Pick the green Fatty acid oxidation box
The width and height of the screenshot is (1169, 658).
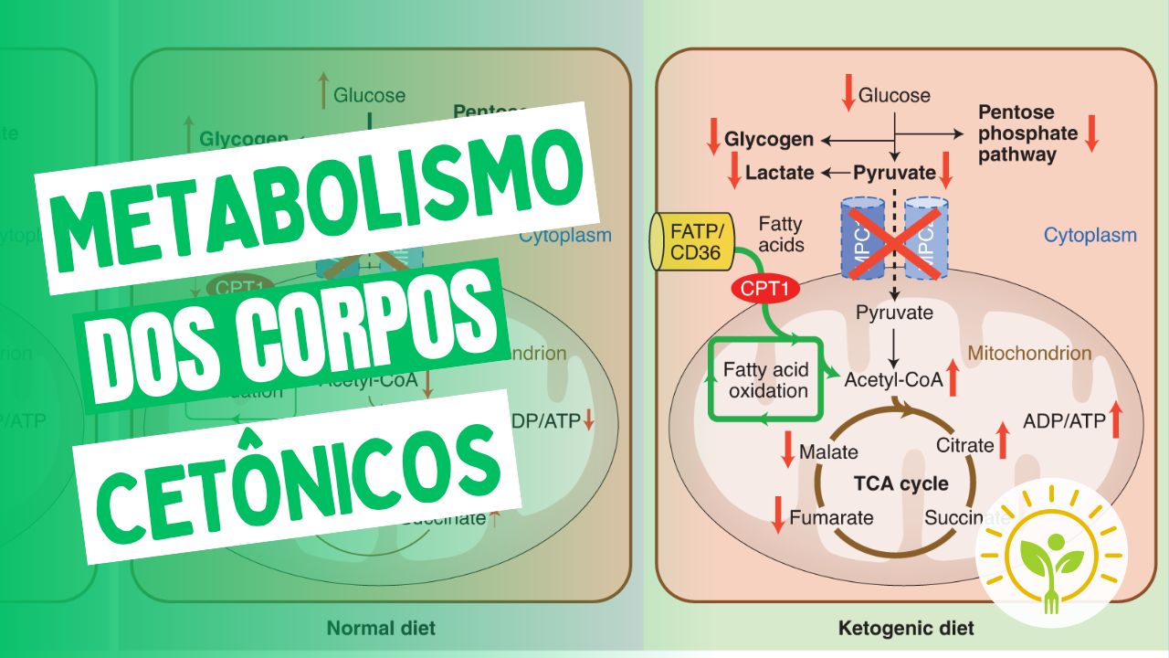pyautogui.click(x=765, y=379)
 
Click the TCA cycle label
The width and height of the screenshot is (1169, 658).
pyautogui.click(x=900, y=483)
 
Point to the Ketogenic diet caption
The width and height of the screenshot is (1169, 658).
pyautogui.click(x=905, y=629)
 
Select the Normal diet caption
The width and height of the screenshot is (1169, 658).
pyautogui.click(x=381, y=628)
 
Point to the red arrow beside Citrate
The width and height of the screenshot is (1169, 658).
pyautogui.click(x=1003, y=440)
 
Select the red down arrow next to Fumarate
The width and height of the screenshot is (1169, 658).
pyautogui.click(x=778, y=517)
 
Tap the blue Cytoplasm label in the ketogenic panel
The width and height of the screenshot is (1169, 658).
pyautogui.click(x=1090, y=235)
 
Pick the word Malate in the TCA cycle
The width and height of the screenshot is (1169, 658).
pyautogui.click(x=828, y=451)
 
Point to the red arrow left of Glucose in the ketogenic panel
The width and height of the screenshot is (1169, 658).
pyautogui.click(x=848, y=94)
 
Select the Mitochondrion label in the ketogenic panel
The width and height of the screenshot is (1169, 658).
pyautogui.click(x=1029, y=353)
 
